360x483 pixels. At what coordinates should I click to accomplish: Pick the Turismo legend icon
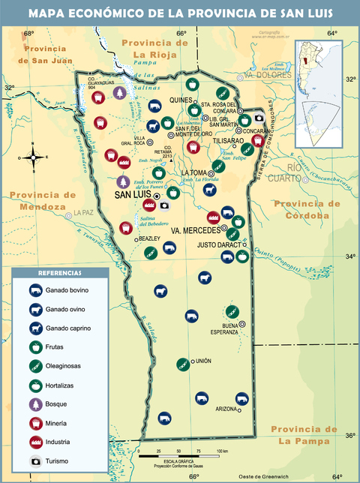34,460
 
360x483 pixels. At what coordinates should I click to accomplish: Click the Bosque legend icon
34,403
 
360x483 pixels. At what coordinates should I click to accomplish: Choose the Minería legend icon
34,422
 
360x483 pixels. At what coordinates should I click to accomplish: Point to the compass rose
34,157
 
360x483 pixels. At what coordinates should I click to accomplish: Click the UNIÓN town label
204,361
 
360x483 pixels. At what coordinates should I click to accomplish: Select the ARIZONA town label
226,409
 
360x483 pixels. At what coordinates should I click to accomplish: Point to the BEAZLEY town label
149,238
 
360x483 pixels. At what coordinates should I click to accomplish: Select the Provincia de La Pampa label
304,434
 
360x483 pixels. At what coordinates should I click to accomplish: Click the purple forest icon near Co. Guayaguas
118,92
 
